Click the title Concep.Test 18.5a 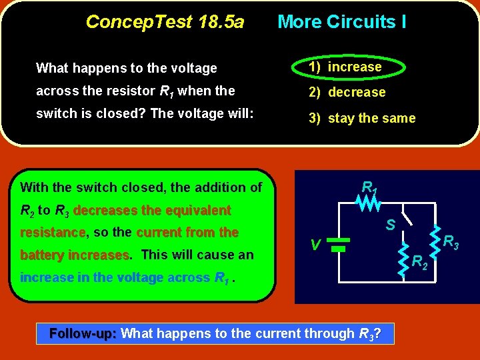(165, 22)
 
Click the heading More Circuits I (341, 22)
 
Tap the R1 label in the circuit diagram (369, 187)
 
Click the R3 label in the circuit (452, 242)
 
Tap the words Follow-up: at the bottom (84, 333)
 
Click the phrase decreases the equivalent (152, 211)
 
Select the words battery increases (75, 255)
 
